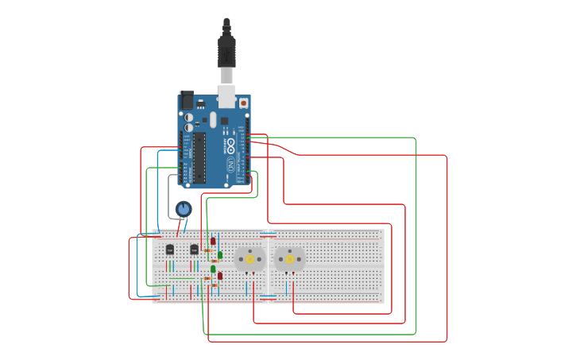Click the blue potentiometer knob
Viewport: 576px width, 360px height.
click(184, 209)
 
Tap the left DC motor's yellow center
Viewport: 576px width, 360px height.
click(250, 258)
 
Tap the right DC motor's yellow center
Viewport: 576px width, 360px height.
click(289, 258)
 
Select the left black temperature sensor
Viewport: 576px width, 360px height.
click(169, 250)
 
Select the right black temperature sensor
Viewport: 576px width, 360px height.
click(194, 250)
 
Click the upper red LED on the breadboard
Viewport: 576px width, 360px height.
click(212, 241)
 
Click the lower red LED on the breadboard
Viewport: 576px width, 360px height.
click(220, 276)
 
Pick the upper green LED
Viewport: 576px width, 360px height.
click(220, 254)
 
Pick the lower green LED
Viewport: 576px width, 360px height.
click(212, 269)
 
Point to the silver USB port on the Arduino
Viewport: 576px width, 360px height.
click(227, 97)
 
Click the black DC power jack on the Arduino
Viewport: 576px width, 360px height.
click(187, 100)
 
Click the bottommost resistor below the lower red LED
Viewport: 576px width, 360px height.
click(211, 286)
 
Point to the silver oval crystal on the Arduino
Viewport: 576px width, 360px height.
click(213, 120)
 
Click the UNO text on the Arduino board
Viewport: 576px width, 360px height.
click(231, 165)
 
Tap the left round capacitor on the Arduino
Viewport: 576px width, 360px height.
click(189, 117)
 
